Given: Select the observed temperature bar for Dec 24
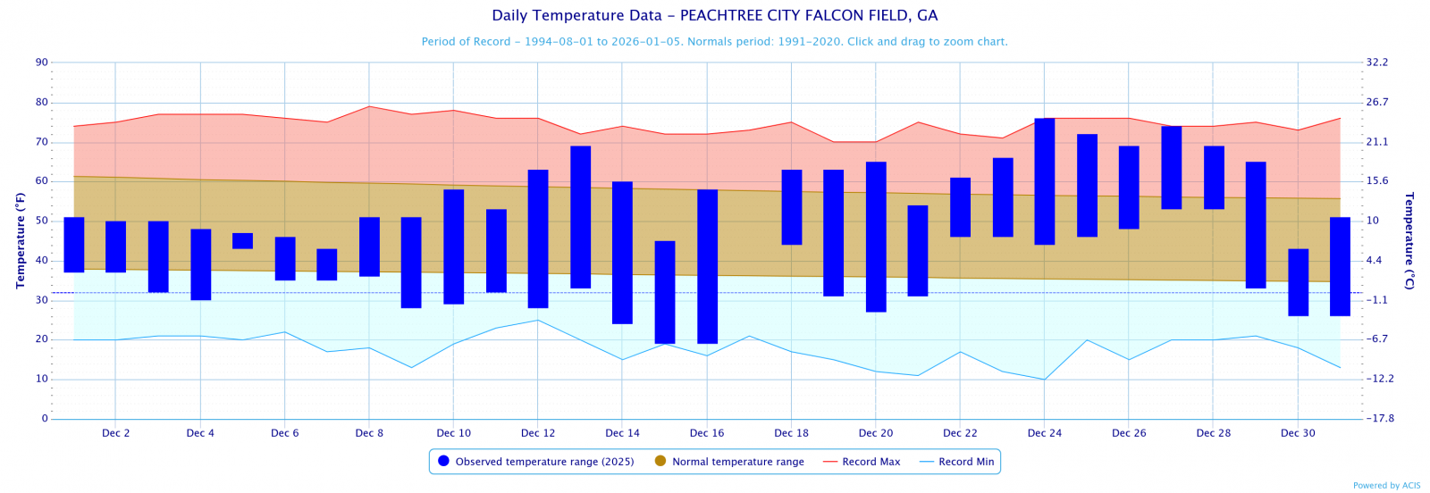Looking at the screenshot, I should pyautogui.click(x=1044, y=181).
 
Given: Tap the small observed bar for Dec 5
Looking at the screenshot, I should pyautogui.click(x=242, y=241).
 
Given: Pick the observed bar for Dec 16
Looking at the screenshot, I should pyautogui.click(x=707, y=266).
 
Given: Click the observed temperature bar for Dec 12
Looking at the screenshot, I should pyautogui.click(x=538, y=238).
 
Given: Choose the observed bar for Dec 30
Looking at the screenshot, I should pyautogui.click(x=1298, y=282).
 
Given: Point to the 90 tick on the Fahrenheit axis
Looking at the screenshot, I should pyautogui.click(x=42, y=63).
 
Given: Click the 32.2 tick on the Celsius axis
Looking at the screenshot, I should pyautogui.click(x=1376, y=63).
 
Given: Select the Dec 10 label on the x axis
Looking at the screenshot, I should pyautogui.click(x=453, y=433).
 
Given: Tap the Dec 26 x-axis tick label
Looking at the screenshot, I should pyautogui.click(x=1129, y=433).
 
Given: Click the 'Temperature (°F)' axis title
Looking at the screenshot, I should pyautogui.click(x=20, y=240).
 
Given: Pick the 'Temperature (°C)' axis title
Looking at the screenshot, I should pyautogui.click(x=1409, y=240).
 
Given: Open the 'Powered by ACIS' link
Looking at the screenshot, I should pyautogui.click(x=1386, y=486).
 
